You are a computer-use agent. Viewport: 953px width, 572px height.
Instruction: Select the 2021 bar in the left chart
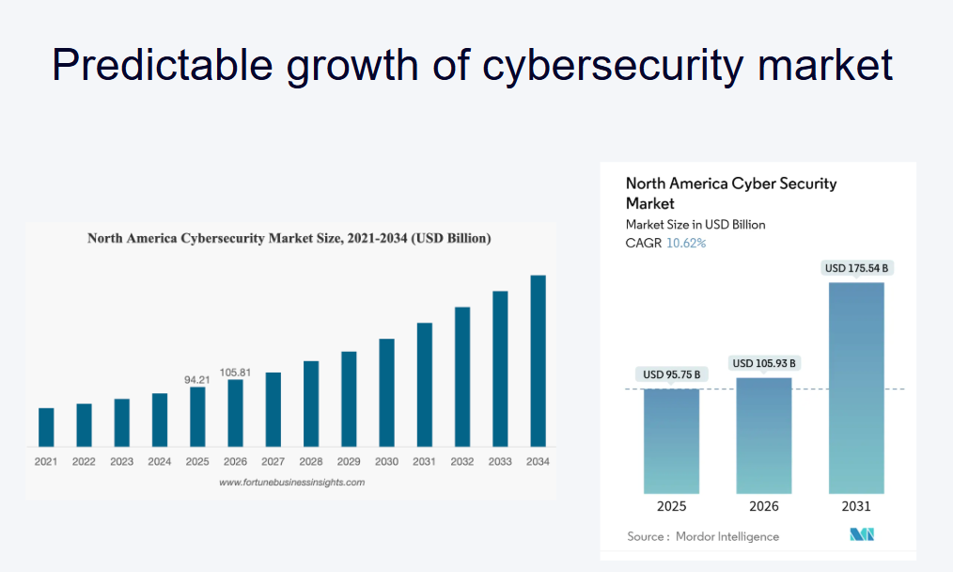(x=46, y=427)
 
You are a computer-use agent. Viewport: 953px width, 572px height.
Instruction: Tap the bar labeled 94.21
(x=197, y=416)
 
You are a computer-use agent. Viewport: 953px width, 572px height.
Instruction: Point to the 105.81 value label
(x=235, y=372)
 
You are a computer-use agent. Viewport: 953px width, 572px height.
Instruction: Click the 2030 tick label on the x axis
(x=386, y=462)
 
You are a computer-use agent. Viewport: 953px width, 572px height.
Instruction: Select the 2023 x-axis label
(x=121, y=462)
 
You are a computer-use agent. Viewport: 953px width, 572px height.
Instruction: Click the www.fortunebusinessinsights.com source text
(x=291, y=482)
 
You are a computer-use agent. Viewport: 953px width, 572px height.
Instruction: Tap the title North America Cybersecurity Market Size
(x=289, y=238)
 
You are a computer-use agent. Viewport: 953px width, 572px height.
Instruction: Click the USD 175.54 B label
(x=856, y=268)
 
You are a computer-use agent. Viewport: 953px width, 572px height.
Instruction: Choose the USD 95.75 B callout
(x=671, y=374)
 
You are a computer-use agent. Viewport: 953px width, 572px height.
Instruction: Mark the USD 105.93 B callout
(x=763, y=363)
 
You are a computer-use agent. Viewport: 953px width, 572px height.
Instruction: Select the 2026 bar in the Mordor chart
(x=763, y=435)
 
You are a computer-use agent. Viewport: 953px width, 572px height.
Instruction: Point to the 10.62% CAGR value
(x=686, y=243)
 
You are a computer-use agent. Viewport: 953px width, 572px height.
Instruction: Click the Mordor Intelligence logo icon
(x=862, y=534)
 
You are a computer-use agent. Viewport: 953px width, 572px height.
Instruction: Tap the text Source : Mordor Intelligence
(x=703, y=536)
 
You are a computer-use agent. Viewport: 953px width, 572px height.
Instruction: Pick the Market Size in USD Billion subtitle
(x=695, y=224)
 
